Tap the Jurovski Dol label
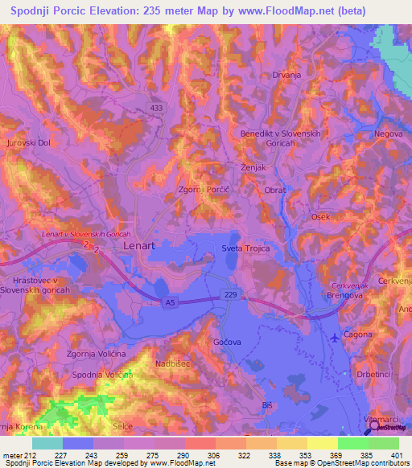pyautogui.click(x=28, y=143)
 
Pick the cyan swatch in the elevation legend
pyautogui.click(x=47, y=442)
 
